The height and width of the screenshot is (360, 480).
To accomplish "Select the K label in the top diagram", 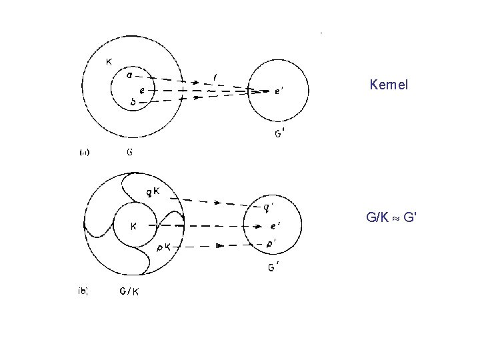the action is tap(109, 62).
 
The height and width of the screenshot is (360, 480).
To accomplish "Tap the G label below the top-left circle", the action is tap(129, 151).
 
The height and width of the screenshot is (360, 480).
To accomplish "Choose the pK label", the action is tap(163, 247).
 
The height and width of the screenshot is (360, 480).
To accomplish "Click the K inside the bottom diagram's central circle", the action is tap(133, 225).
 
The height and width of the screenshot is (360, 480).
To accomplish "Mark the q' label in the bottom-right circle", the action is tap(267, 207).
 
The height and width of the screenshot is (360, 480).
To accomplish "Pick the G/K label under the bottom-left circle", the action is tap(129, 291).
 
